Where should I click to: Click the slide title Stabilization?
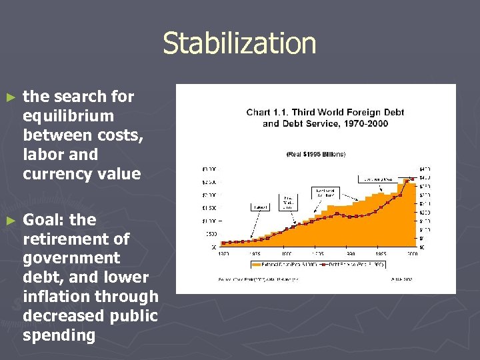(x=239, y=43)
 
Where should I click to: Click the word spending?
(x=59, y=335)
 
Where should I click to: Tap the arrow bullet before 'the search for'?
(x=9, y=97)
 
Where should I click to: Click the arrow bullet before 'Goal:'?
(x=9, y=221)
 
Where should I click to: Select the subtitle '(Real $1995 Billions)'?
(x=316, y=154)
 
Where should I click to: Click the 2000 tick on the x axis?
(x=412, y=254)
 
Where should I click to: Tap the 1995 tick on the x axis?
(x=380, y=254)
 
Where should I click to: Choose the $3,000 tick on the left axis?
(x=209, y=168)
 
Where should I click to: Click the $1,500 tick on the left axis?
(x=209, y=207)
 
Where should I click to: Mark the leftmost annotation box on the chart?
(x=260, y=207)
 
